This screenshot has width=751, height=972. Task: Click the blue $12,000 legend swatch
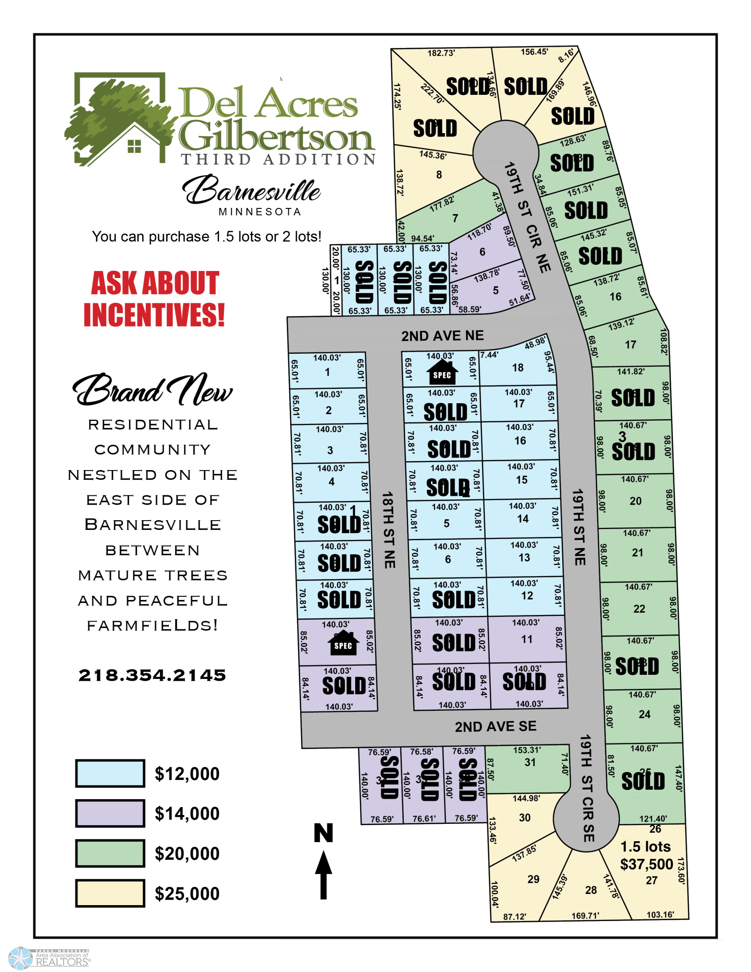pyautogui.click(x=110, y=773)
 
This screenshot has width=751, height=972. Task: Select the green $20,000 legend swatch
pyautogui.click(x=110, y=853)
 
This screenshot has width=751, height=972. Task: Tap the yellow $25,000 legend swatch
pyautogui.click(x=110, y=893)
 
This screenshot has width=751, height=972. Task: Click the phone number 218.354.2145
pyautogui.click(x=152, y=675)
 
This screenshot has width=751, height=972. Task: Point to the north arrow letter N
pyautogui.click(x=323, y=833)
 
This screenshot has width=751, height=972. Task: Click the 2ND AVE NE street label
pyautogui.click(x=442, y=336)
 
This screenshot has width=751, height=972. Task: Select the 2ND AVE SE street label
pyautogui.click(x=495, y=726)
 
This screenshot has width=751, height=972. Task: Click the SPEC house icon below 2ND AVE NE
pyautogui.click(x=442, y=372)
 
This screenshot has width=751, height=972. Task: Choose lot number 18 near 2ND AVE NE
pyautogui.click(x=517, y=368)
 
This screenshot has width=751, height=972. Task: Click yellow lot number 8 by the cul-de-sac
pyautogui.click(x=439, y=175)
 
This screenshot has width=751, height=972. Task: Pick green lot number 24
pyautogui.click(x=644, y=714)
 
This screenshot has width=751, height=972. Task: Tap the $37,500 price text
pyautogui.click(x=646, y=864)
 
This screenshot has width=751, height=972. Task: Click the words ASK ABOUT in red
pyautogui.click(x=155, y=283)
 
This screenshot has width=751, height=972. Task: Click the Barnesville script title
pyautogui.click(x=252, y=191)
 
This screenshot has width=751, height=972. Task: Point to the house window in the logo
pyautogui.click(x=134, y=146)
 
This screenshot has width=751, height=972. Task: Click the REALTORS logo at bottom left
pyautogui.click(x=49, y=958)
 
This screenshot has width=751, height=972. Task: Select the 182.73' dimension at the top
pyautogui.click(x=441, y=53)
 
